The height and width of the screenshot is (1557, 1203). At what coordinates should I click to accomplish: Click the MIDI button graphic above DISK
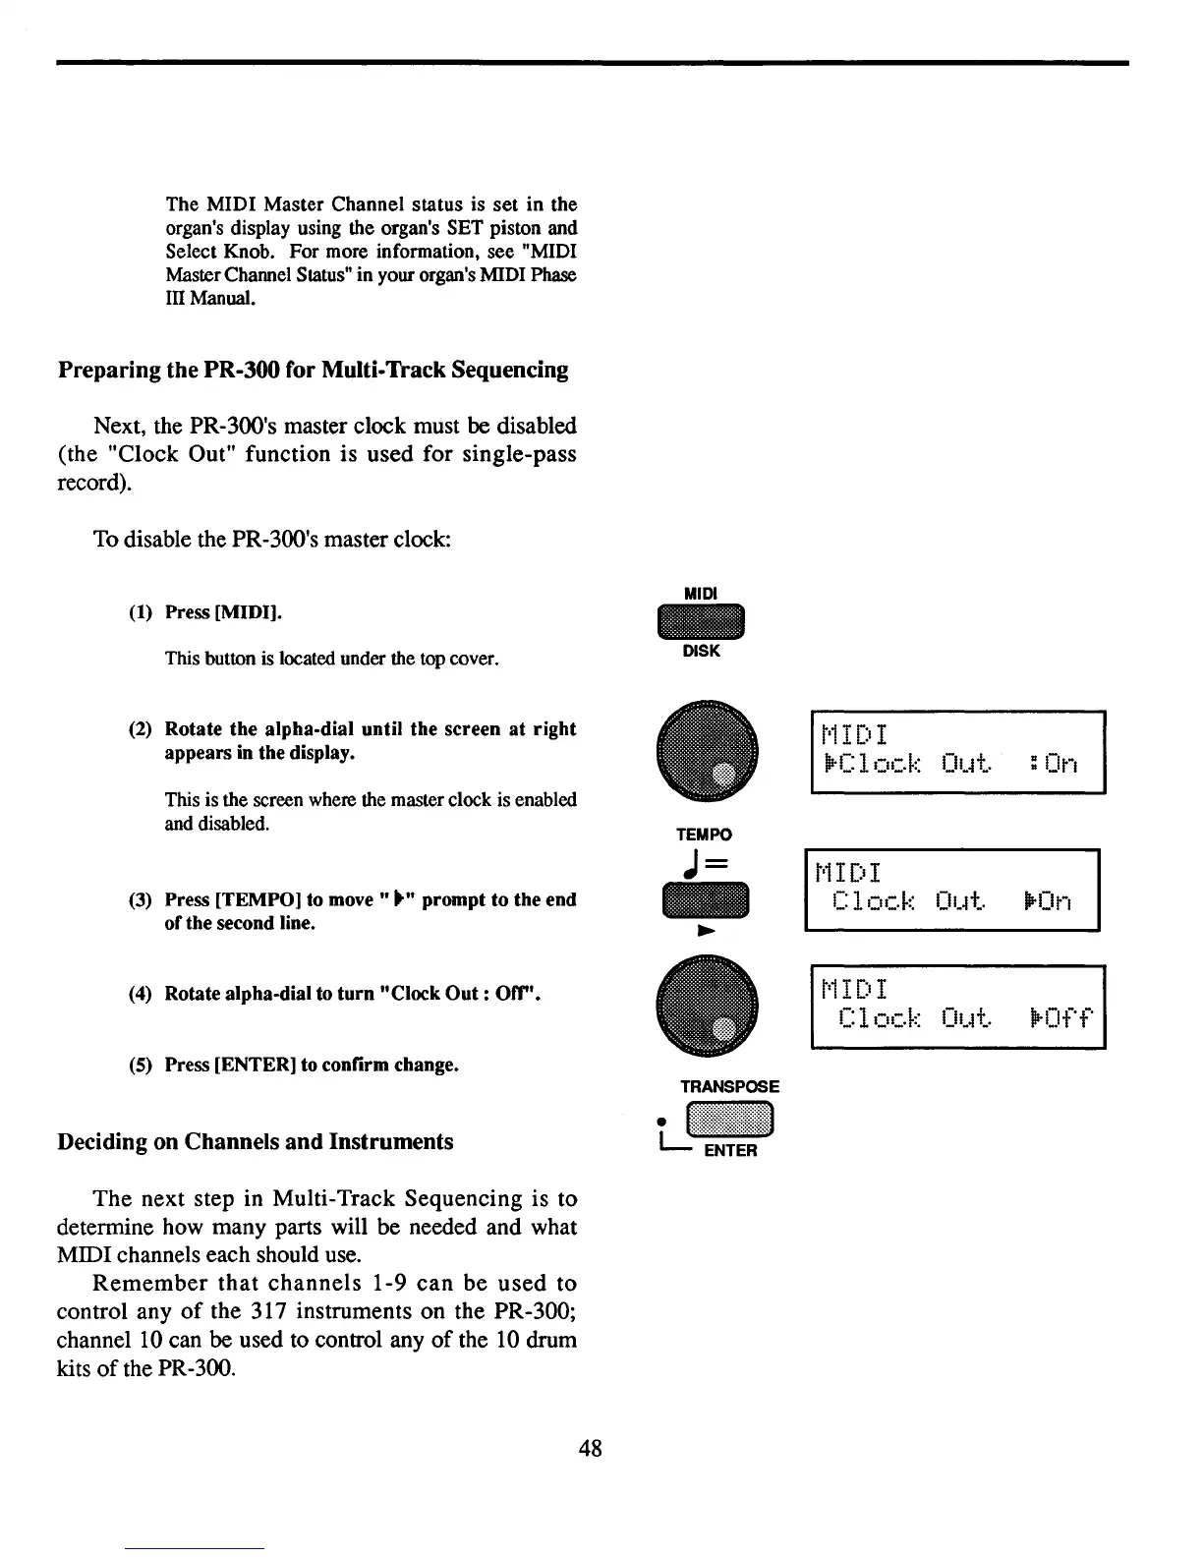(x=703, y=621)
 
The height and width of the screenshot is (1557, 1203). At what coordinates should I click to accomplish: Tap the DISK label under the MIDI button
(x=702, y=651)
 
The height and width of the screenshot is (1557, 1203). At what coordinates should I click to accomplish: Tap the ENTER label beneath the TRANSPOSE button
(x=730, y=1151)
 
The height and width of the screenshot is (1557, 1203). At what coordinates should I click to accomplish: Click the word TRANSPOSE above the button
(x=729, y=1086)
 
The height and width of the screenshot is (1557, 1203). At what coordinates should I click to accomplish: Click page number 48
(x=590, y=1447)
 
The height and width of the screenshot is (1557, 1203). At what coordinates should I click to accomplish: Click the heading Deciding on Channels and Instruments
(x=256, y=1141)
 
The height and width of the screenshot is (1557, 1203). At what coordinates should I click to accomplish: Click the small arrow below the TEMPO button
(x=703, y=930)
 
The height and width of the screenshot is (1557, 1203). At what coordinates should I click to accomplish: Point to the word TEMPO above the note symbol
(x=704, y=835)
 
